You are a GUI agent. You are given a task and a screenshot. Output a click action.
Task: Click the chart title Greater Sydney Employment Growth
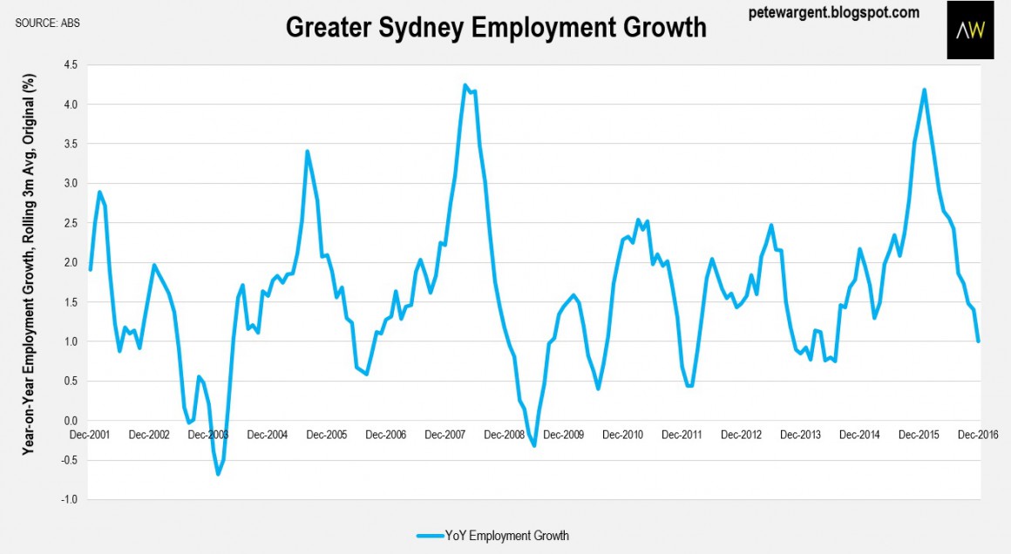pos(496,27)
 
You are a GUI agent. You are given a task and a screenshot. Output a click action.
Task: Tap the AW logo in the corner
pos(970,30)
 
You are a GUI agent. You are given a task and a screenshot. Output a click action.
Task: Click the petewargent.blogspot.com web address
pos(834,12)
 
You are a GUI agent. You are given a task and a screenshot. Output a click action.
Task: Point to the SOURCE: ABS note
pos(48,23)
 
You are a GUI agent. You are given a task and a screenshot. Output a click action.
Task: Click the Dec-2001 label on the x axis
pos(92,434)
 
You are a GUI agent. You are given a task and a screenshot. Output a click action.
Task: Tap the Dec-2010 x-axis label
pos(622,434)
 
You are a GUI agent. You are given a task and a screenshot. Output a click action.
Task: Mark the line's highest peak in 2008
pos(465,85)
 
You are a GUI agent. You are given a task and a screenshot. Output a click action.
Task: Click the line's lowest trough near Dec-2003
pos(218,474)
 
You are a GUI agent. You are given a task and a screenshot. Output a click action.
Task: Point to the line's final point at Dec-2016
pos(979,341)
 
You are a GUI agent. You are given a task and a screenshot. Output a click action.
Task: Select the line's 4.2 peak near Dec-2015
pos(924,90)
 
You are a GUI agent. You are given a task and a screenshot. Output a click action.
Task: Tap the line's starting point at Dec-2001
pos(90,269)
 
